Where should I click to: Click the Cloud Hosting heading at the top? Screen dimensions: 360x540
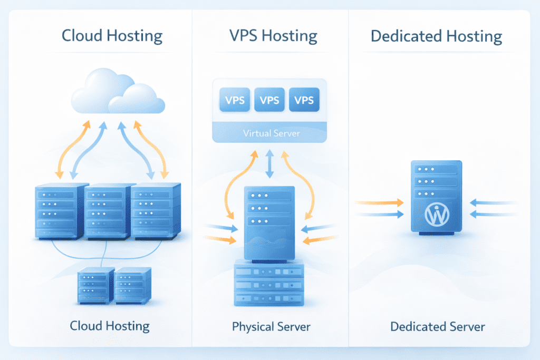tap(112, 36)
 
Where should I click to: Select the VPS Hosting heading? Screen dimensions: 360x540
tap(273, 36)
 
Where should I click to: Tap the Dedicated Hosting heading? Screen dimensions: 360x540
tap(436, 36)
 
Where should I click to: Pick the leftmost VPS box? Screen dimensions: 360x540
tap(235, 100)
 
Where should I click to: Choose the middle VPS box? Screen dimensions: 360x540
tap(269, 100)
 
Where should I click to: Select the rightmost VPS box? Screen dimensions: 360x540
tap(304, 100)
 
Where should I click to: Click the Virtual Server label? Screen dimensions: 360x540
tap(271, 133)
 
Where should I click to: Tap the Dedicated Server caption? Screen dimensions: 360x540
tap(437, 327)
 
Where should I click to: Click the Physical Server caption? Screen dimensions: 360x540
tap(271, 327)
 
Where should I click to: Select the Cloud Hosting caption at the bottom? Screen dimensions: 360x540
tap(110, 326)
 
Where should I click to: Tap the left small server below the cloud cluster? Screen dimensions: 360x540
tap(95, 285)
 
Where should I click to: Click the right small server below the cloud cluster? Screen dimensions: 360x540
tap(132, 285)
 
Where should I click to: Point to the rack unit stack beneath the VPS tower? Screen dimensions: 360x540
tap(269, 284)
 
